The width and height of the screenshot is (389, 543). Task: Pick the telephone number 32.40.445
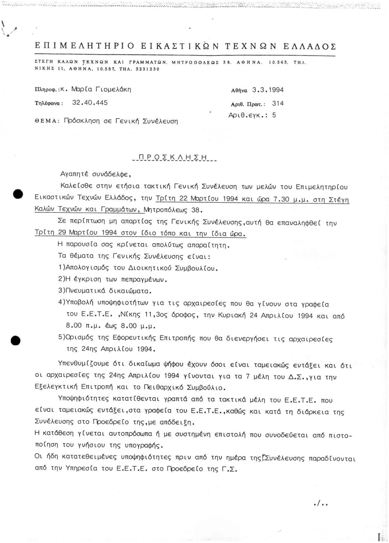90,103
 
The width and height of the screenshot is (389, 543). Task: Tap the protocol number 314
278,104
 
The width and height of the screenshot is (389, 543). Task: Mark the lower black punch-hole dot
15,340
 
